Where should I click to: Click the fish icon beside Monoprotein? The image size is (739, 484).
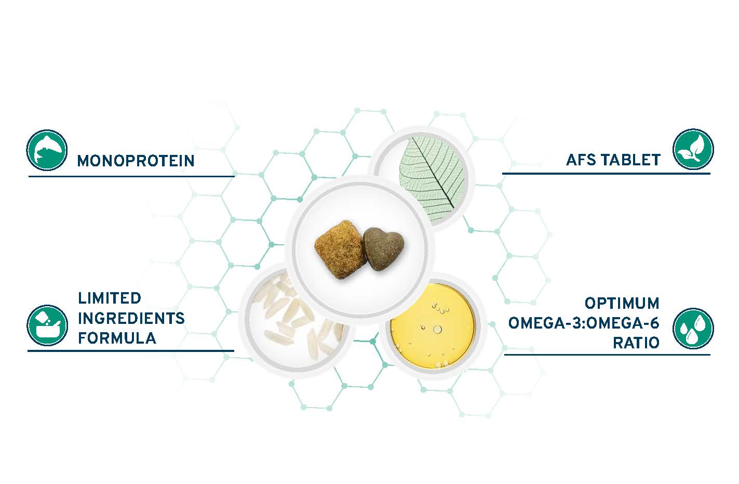(47, 150)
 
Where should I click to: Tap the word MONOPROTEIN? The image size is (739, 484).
(136, 161)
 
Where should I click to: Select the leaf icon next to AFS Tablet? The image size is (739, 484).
(693, 149)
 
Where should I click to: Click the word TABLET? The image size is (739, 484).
(630, 160)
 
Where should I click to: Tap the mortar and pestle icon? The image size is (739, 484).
(47, 325)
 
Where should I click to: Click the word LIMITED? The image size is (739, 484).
(110, 298)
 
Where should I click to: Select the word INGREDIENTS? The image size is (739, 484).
(131, 318)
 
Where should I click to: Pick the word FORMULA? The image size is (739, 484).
(117, 338)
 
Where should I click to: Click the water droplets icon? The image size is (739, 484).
(693, 329)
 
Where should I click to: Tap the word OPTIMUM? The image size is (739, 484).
(622, 304)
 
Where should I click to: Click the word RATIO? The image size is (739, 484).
(636, 343)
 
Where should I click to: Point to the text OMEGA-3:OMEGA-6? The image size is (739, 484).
(584, 323)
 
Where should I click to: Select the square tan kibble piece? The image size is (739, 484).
(340, 250)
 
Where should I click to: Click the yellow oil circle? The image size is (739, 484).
(433, 326)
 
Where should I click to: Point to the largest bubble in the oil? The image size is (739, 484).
(437, 329)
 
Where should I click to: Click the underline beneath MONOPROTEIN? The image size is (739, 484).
(131, 176)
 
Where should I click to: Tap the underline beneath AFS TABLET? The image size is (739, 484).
(606, 173)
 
